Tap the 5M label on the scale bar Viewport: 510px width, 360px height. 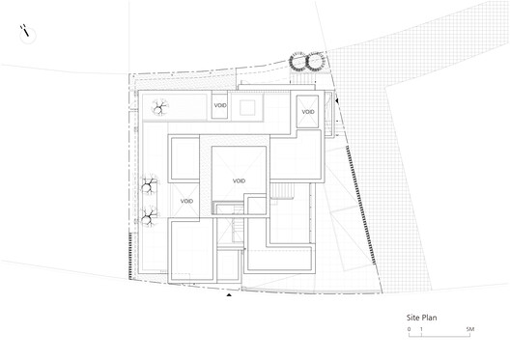click(x=470, y=329)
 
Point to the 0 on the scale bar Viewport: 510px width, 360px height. click(x=409, y=329)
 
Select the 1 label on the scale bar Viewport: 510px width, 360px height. click(x=421, y=329)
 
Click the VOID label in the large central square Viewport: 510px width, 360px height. click(x=239, y=180)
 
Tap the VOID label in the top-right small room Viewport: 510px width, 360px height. click(x=308, y=113)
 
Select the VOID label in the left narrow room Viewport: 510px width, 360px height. click(x=186, y=201)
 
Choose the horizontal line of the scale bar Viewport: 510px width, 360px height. click(x=439, y=335)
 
